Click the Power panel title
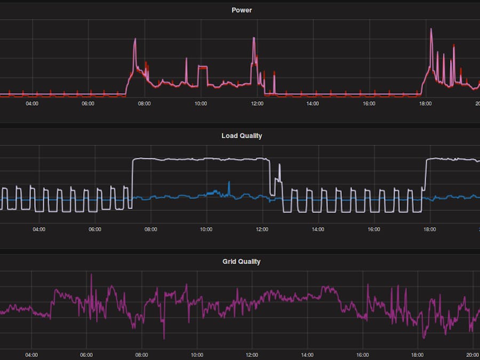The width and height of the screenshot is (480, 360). (242, 10)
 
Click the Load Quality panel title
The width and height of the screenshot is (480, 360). (242, 136)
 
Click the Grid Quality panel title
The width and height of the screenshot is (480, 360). (241, 262)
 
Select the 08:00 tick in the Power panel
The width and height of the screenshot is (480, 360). (144, 103)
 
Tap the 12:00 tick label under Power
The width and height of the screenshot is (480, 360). (257, 103)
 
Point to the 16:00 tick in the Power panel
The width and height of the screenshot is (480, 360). (369, 103)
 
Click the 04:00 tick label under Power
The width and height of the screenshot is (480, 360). (32, 103)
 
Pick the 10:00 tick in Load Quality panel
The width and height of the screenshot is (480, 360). (206, 229)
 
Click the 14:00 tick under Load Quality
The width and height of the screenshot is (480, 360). (318, 229)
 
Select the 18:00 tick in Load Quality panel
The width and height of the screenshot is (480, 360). (429, 229)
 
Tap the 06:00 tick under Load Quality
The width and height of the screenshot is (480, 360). (95, 229)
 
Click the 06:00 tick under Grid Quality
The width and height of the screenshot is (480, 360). (86, 355)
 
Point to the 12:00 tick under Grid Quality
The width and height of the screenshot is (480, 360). (252, 355)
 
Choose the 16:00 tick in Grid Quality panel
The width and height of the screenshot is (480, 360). (363, 355)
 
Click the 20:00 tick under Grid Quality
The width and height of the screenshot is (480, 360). (473, 355)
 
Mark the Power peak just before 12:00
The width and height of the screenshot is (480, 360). (254, 38)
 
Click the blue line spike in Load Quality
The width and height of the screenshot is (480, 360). (229, 183)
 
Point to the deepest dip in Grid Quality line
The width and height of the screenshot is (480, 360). (164, 338)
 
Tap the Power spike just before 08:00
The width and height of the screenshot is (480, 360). (135, 39)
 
